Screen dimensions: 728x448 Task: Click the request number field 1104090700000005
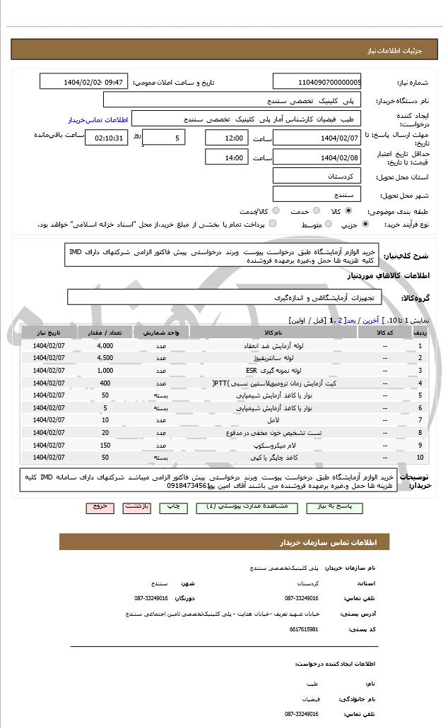317,82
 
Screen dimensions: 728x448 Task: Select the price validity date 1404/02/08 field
317,157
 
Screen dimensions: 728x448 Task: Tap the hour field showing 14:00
226,157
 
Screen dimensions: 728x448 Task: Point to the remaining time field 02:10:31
106,138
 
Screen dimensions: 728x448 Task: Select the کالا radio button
348,211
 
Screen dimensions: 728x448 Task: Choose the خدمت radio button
314,211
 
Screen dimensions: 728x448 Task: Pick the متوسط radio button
327,225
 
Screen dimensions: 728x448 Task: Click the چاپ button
172,507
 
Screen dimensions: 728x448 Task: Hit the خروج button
98,507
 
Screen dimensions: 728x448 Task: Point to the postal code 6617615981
304,629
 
